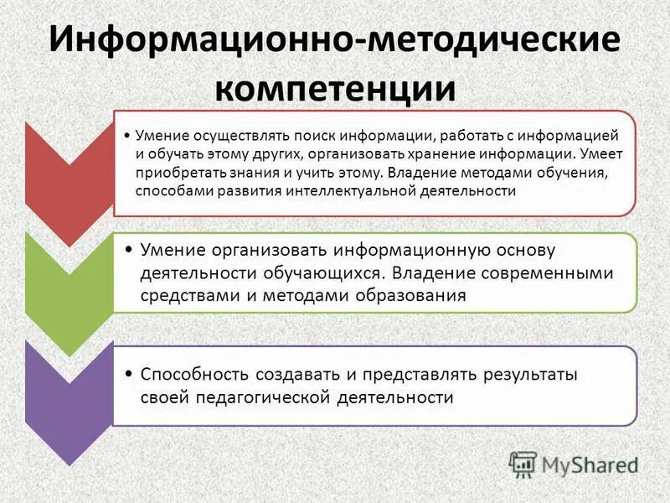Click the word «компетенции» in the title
tap(335, 88)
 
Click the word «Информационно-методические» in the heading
tap(335, 40)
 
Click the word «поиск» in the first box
tap(293, 136)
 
